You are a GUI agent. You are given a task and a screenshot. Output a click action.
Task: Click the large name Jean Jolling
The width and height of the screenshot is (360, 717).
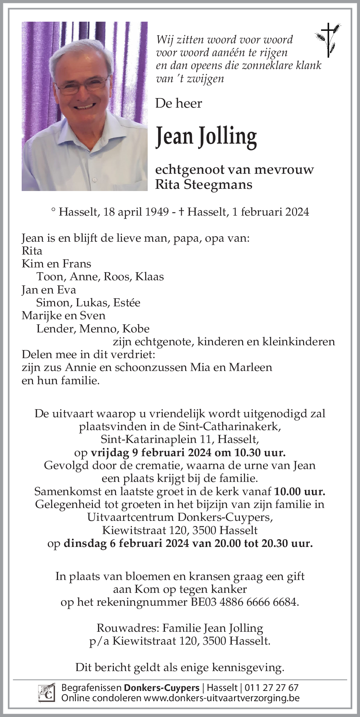[206, 137]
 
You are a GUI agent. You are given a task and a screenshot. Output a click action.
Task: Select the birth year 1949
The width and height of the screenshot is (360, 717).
[155, 212]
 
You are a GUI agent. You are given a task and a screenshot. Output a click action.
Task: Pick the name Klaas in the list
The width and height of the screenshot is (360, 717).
[150, 277]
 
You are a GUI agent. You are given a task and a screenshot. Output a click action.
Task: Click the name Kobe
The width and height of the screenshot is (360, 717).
[136, 329]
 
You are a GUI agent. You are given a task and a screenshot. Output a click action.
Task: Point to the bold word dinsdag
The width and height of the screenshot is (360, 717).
[85, 543]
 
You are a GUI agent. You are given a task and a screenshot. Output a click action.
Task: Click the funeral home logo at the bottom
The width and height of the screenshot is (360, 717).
[47, 693]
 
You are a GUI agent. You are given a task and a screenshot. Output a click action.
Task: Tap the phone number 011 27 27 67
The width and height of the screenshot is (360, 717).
[271, 688]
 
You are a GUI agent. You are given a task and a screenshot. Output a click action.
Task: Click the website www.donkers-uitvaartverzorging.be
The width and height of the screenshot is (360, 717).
[222, 698]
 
